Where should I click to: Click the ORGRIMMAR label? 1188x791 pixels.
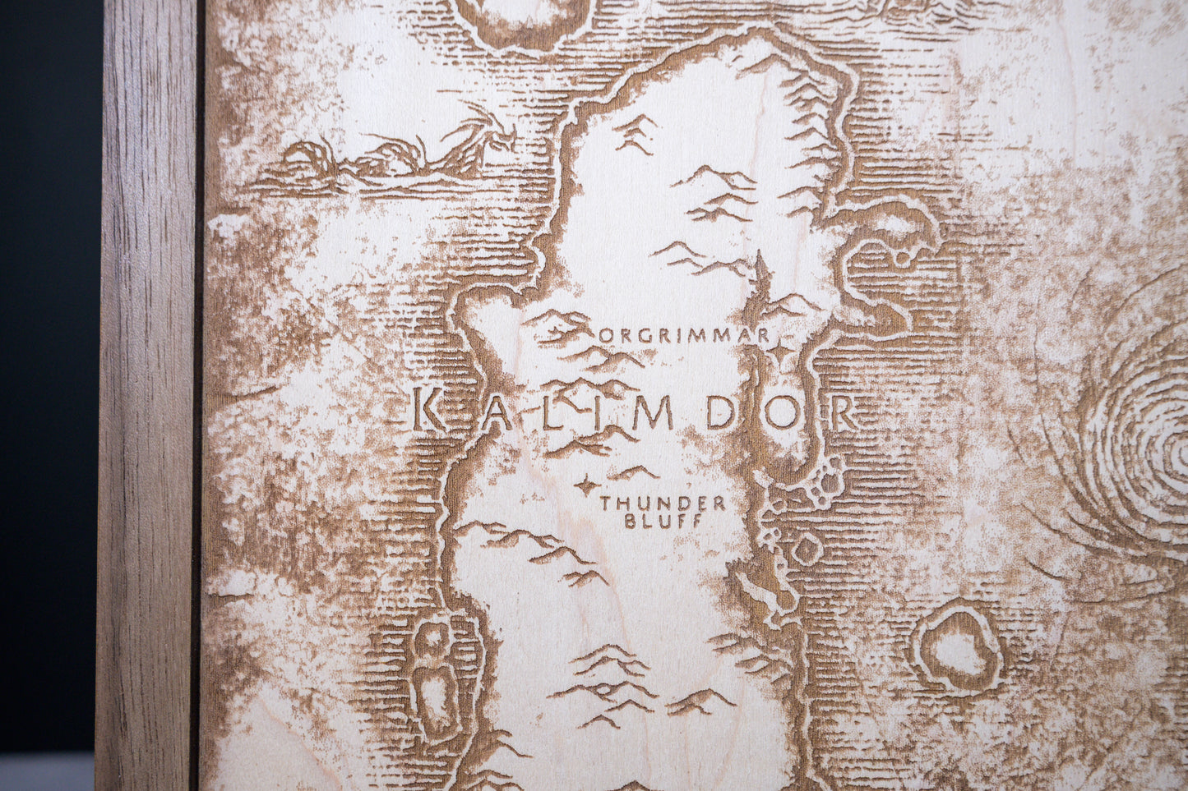point(684,335)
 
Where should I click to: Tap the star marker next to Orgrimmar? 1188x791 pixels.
point(777,352)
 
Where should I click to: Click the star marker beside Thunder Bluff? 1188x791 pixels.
point(585,485)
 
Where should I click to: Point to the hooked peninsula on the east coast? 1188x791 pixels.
point(888,246)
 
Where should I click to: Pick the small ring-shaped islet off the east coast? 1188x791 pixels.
point(806,549)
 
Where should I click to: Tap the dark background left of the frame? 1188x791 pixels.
point(49,370)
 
